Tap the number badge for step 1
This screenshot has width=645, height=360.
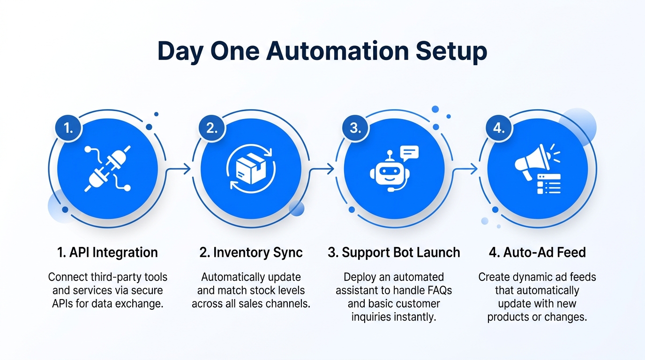pos(68,128)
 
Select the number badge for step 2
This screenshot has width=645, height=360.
pos(212,128)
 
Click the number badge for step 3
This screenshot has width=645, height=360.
pos(356,128)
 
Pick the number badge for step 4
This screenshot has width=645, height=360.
pos(499,128)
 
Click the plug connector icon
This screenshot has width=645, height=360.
pos(107,169)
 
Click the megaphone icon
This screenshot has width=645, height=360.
pos(532,159)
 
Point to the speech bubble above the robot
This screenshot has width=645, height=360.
pos(409,152)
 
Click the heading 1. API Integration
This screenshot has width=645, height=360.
pos(107,253)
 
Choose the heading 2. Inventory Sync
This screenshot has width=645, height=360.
pos(251,253)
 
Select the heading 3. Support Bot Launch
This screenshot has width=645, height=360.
pos(394,253)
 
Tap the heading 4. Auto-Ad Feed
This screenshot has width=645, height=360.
pos(537,253)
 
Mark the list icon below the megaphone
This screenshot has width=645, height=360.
pos(549,183)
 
